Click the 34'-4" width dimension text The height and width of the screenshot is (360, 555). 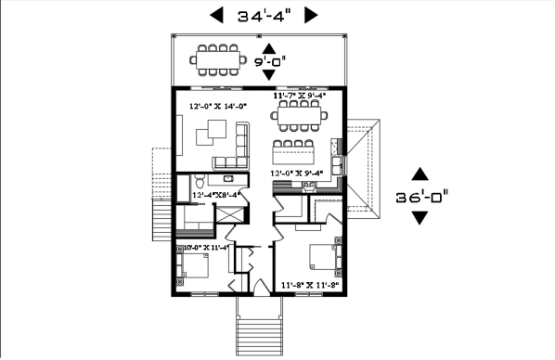264,16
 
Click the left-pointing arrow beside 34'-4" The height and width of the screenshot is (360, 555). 216,15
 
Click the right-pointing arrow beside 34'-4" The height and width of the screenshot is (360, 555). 311,15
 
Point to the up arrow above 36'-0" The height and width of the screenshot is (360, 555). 420,174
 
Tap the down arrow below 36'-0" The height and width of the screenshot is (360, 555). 420,218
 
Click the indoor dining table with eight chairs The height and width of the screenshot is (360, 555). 298,116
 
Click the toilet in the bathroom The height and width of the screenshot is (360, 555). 198,186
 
